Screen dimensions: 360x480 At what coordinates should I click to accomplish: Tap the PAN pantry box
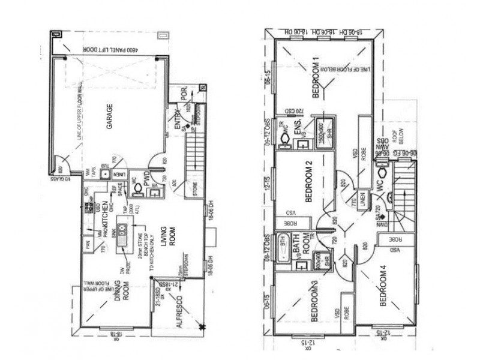tap(88, 245)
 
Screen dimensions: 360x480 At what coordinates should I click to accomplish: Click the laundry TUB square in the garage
tap(104, 175)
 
